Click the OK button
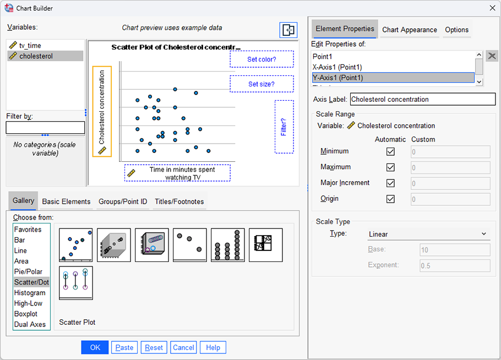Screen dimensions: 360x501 point(95,347)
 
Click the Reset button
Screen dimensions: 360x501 point(154,347)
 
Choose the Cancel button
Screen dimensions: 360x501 point(183,347)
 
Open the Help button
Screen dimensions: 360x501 point(213,347)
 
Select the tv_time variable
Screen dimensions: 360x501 point(30,46)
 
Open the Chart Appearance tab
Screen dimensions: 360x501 point(410,30)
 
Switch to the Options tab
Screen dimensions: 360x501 point(456,30)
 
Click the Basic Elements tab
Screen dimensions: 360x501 point(66,201)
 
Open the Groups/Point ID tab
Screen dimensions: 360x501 point(123,201)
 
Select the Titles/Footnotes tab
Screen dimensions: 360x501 point(179,201)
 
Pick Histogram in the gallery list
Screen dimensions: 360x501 point(30,293)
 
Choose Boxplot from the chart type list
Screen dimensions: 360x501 point(26,314)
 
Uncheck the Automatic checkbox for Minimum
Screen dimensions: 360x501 point(391,151)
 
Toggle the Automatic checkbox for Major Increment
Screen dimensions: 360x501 point(391,183)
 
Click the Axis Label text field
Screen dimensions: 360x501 point(422,100)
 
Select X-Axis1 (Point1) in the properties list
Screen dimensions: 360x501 point(337,67)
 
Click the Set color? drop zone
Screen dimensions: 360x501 point(262,59)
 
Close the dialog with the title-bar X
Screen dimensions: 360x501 point(492,7)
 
